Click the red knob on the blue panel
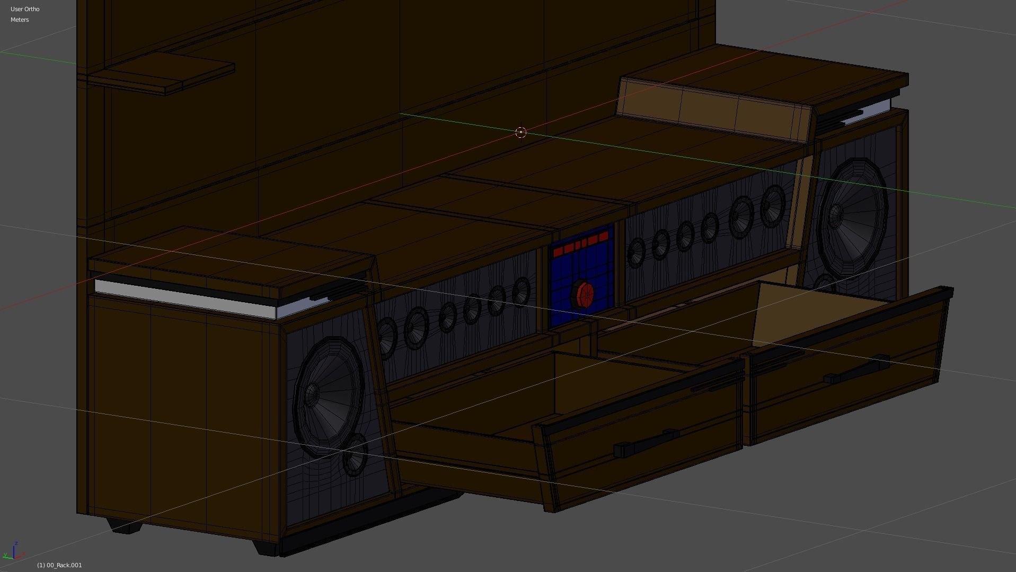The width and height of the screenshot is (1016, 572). (585, 295)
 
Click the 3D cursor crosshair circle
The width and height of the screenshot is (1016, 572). (520, 132)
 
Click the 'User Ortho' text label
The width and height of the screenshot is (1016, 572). (25, 9)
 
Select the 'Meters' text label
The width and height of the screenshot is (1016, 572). (20, 20)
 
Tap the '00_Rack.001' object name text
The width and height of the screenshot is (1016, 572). (59, 565)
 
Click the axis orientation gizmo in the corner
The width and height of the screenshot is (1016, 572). (13, 551)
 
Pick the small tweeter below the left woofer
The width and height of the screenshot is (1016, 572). (355, 454)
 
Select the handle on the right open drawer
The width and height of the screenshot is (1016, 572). (856, 369)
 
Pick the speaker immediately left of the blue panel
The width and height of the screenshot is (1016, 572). (521, 291)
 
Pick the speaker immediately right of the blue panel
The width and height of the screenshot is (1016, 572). (636, 253)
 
